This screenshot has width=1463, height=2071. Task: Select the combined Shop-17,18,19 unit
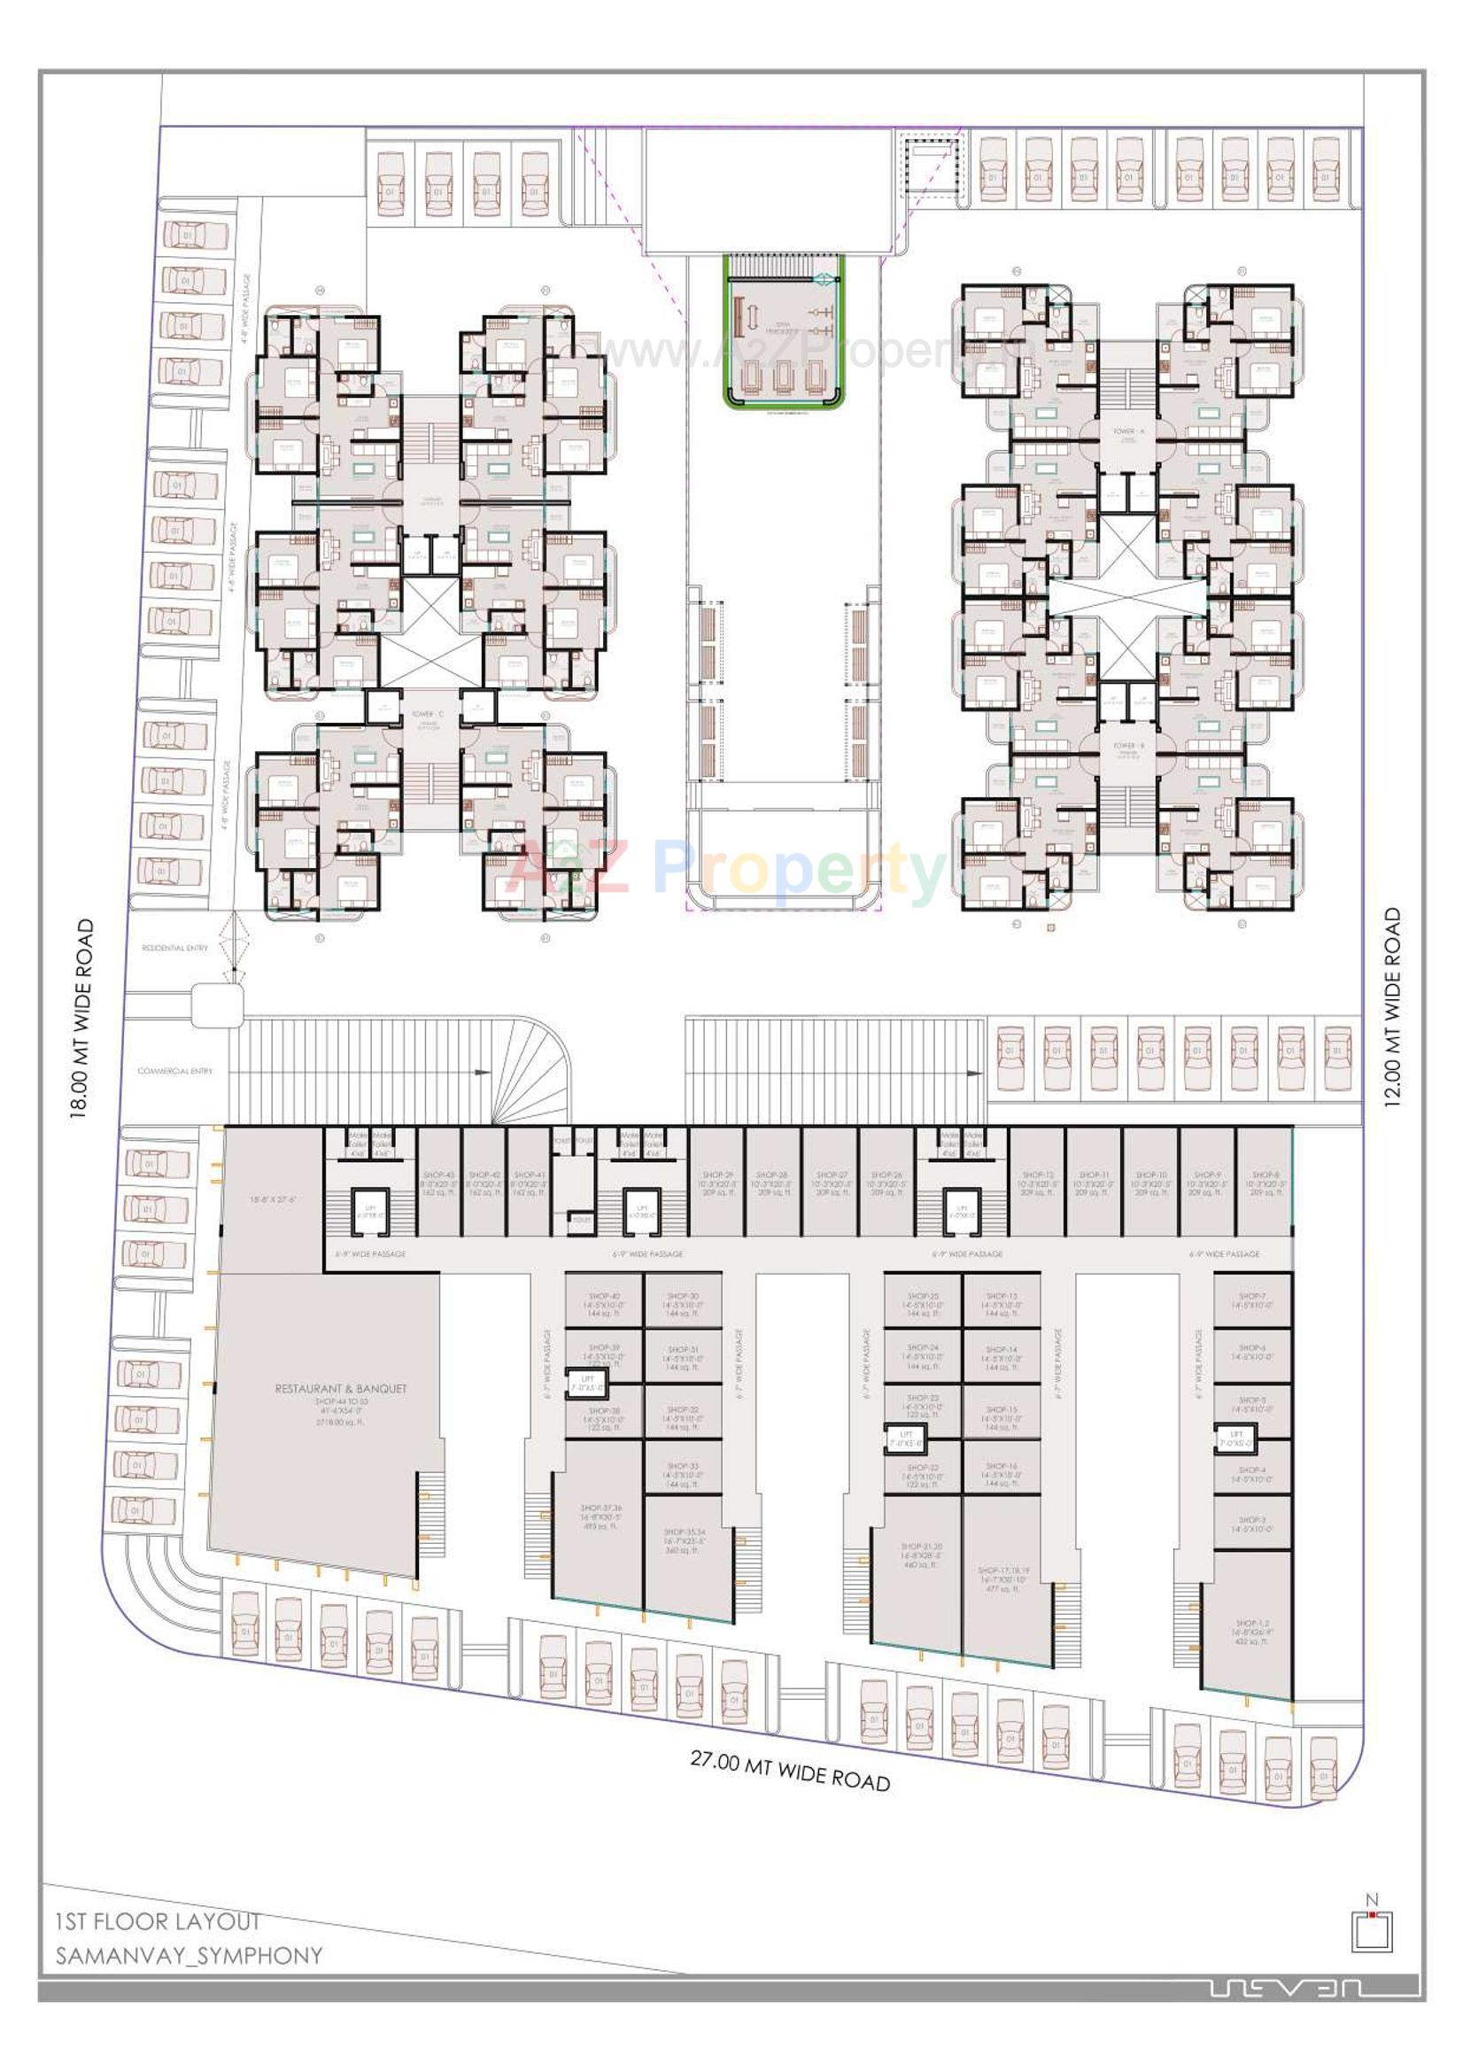[1002, 1578]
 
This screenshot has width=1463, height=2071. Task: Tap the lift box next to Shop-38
[587, 1383]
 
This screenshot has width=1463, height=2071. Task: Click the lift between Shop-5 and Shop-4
[1235, 1437]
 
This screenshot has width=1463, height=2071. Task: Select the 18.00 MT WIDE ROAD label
[82, 1019]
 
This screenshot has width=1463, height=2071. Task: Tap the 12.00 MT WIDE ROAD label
[1393, 1006]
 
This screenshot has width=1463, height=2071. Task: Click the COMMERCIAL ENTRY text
[175, 1071]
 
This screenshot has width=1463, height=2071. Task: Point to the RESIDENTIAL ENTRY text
[174, 948]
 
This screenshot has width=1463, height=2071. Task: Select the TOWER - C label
[428, 713]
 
